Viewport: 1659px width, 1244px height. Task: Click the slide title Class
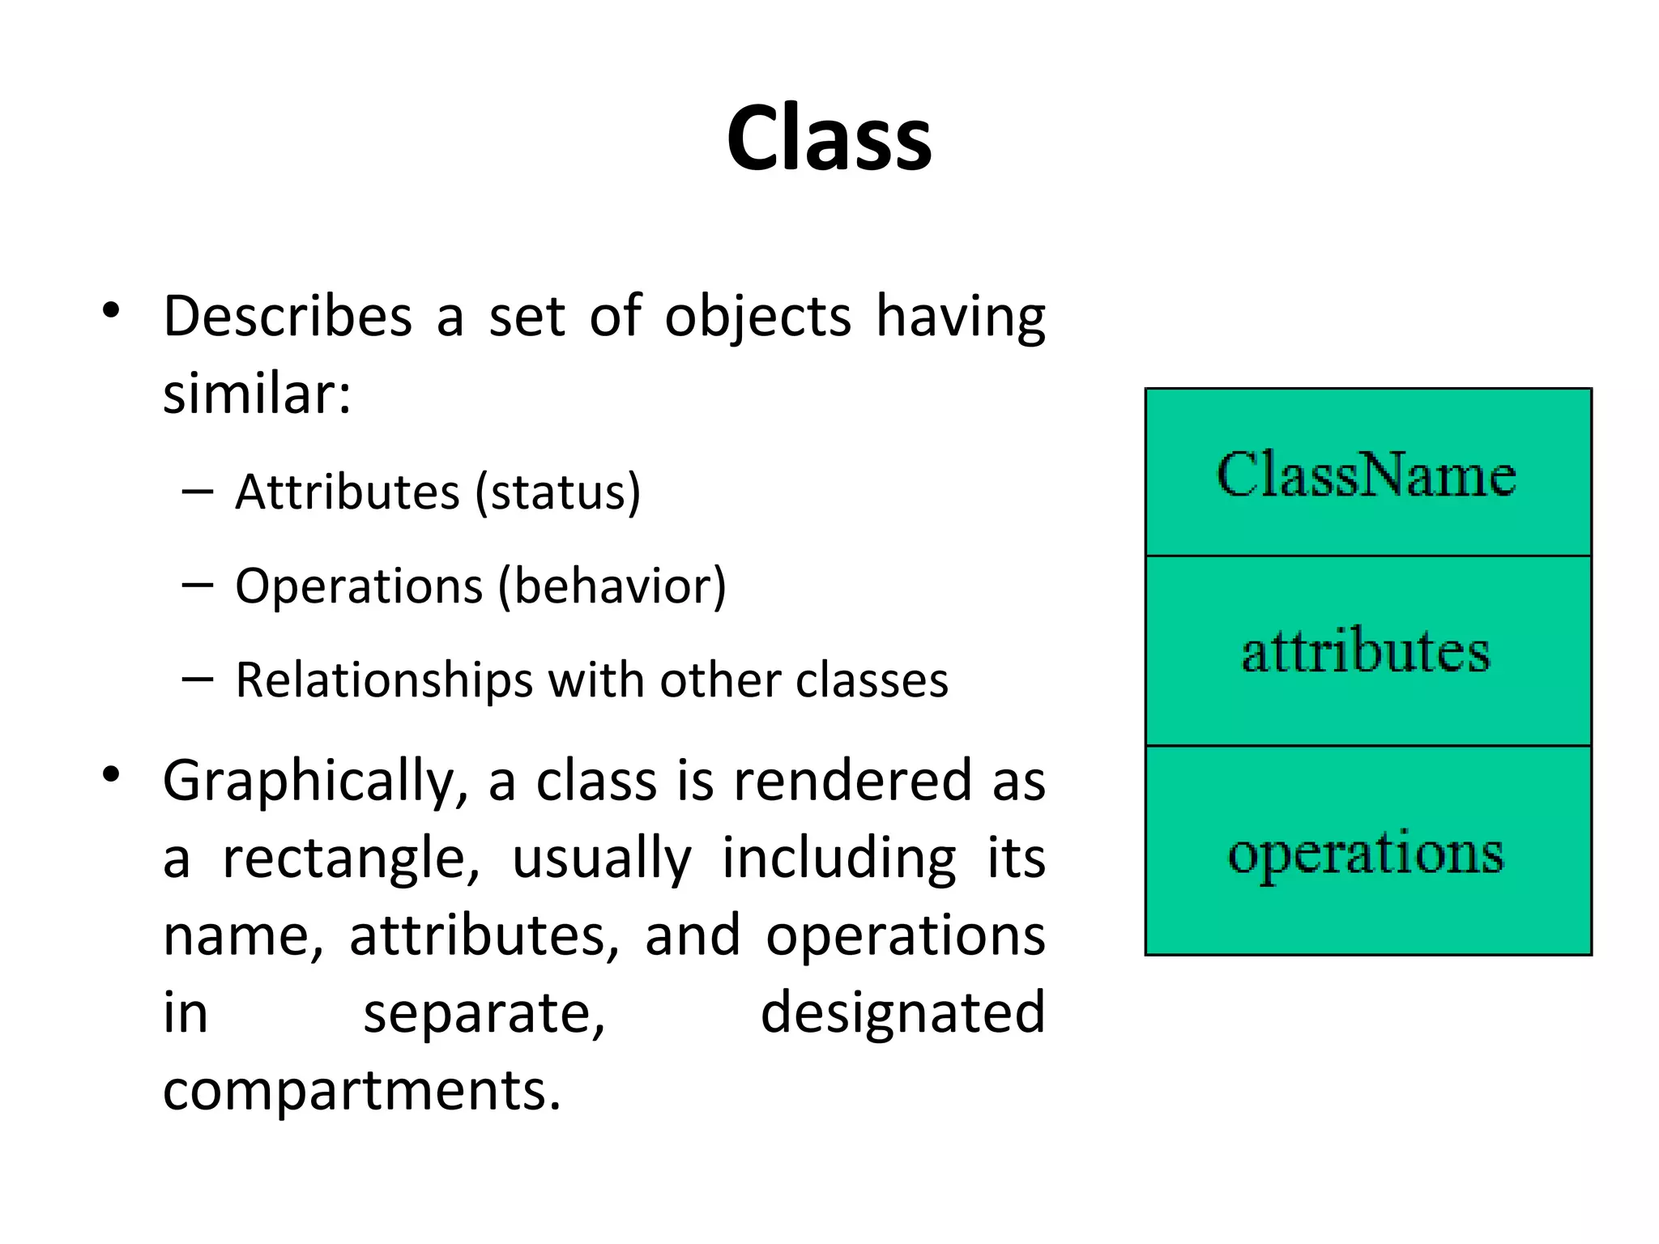829,138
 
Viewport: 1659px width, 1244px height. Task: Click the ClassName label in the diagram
1367,475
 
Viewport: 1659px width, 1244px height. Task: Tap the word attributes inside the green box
1367,652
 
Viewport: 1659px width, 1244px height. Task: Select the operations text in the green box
1367,854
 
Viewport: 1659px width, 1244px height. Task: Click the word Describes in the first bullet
288,317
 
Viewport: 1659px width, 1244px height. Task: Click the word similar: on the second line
257,394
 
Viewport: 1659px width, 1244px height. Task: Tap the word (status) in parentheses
558,492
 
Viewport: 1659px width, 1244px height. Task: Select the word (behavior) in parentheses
612,586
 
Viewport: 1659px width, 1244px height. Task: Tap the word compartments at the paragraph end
360,1091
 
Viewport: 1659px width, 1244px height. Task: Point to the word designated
902,1013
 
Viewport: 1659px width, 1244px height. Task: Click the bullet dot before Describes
112,311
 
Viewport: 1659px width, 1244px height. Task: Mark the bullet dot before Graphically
112,775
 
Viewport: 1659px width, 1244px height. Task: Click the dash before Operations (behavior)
198,585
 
